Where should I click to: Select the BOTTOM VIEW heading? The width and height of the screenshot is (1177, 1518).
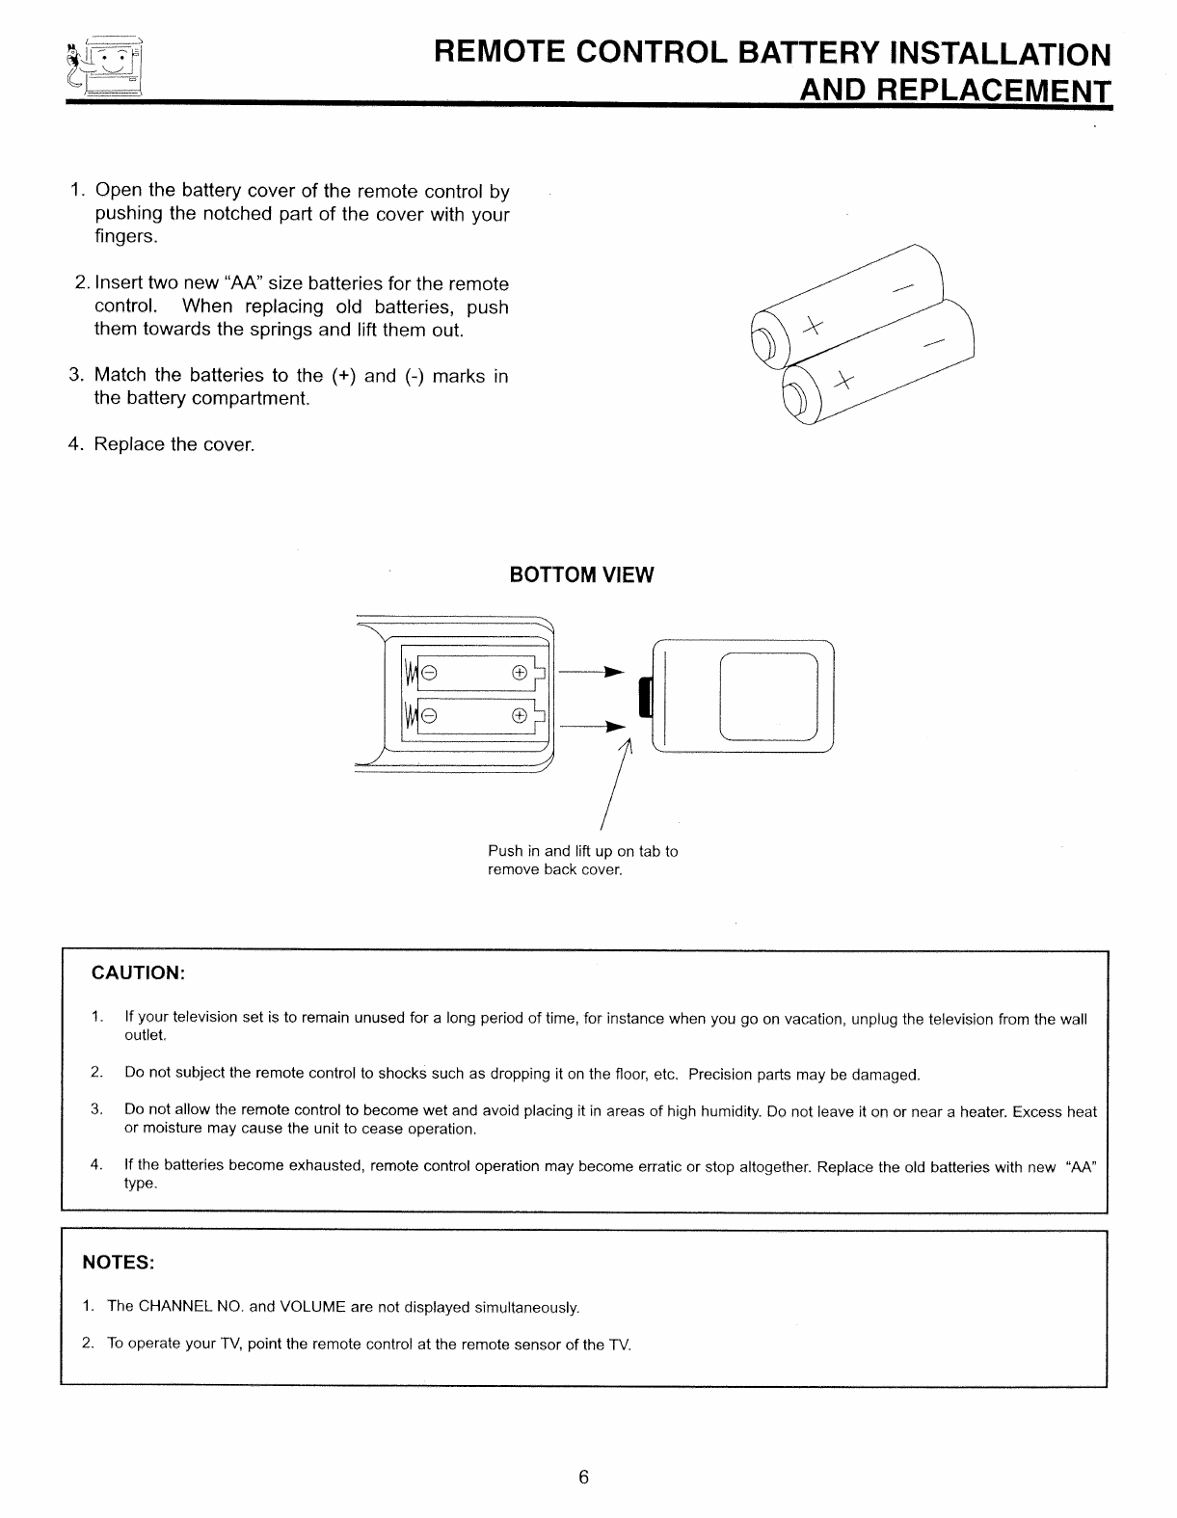pos(581,575)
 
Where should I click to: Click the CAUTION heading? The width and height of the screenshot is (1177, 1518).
pos(138,972)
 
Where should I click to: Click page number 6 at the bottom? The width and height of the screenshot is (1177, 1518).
pos(584,1478)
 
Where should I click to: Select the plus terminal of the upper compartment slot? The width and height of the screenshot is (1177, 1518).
pos(519,672)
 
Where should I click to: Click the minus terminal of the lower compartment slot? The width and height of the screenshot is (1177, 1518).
pos(430,715)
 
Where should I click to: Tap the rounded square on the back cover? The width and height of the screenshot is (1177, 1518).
pos(768,696)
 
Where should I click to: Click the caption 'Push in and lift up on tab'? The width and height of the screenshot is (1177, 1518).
pos(582,851)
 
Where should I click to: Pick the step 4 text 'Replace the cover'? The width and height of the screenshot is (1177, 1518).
pos(174,444)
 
